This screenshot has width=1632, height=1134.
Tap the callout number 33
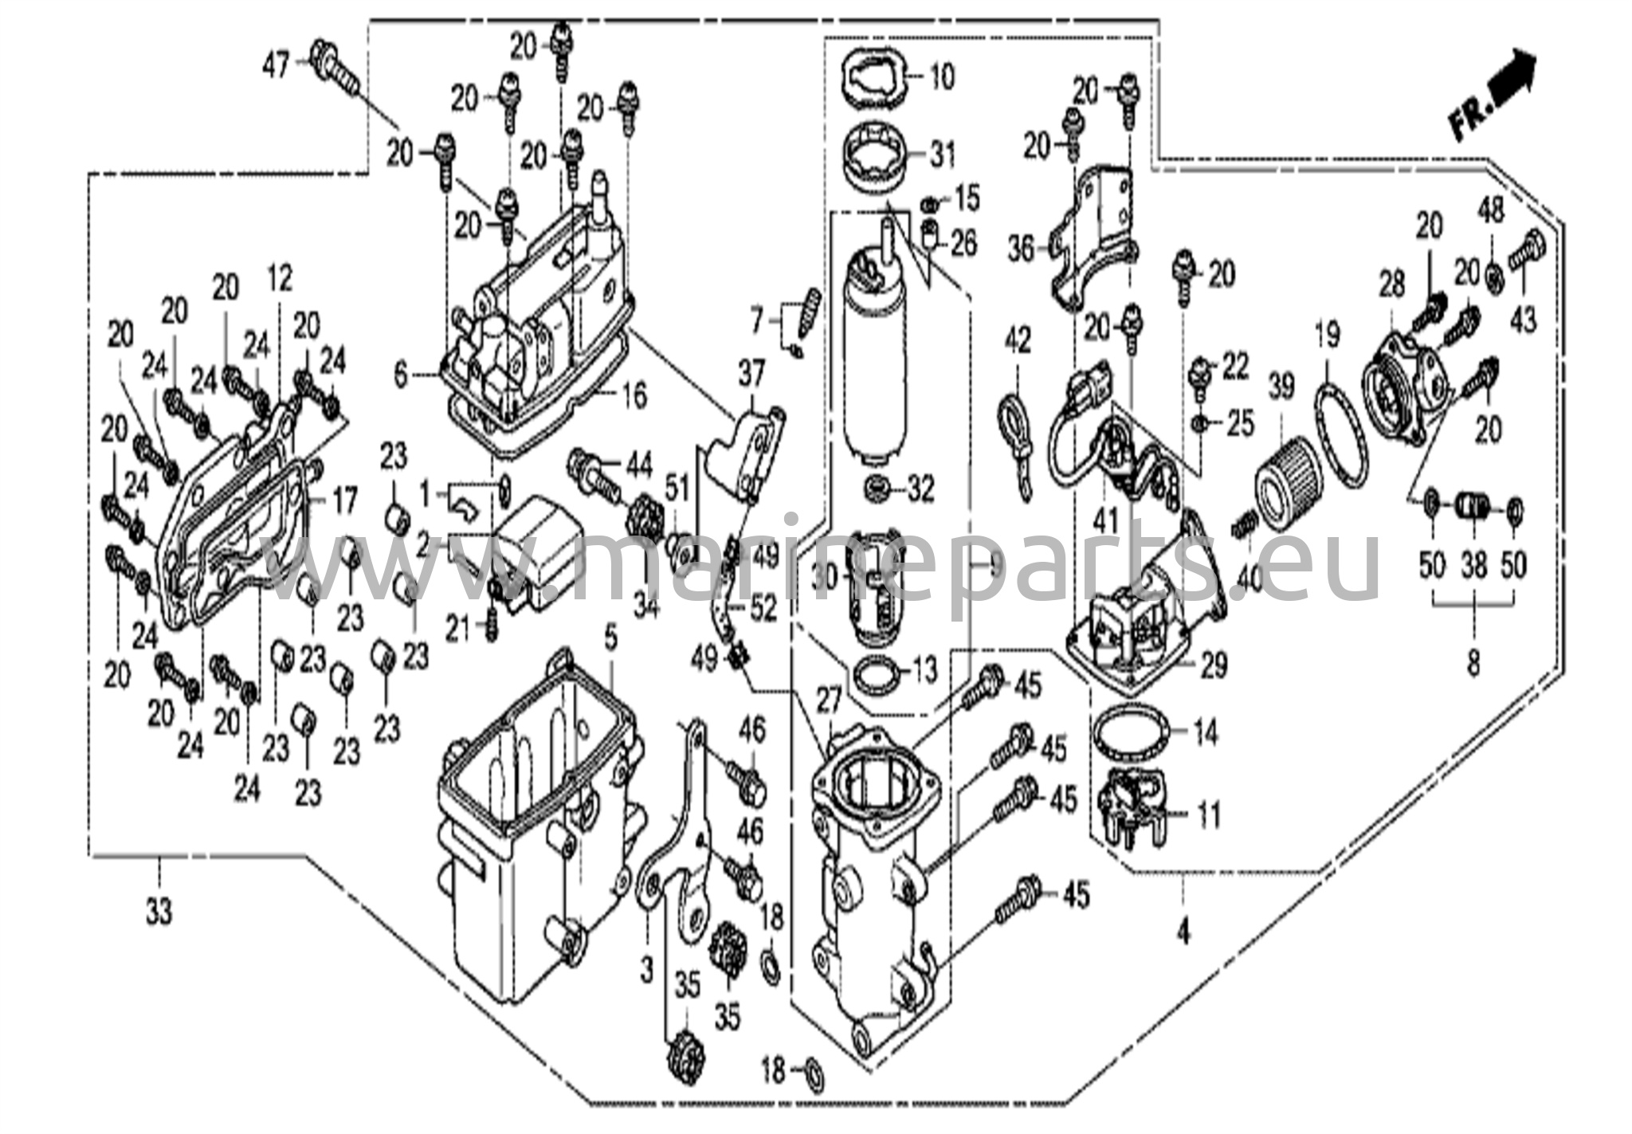(x=159, y=912)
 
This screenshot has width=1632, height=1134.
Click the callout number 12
(x=279, y=278)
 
